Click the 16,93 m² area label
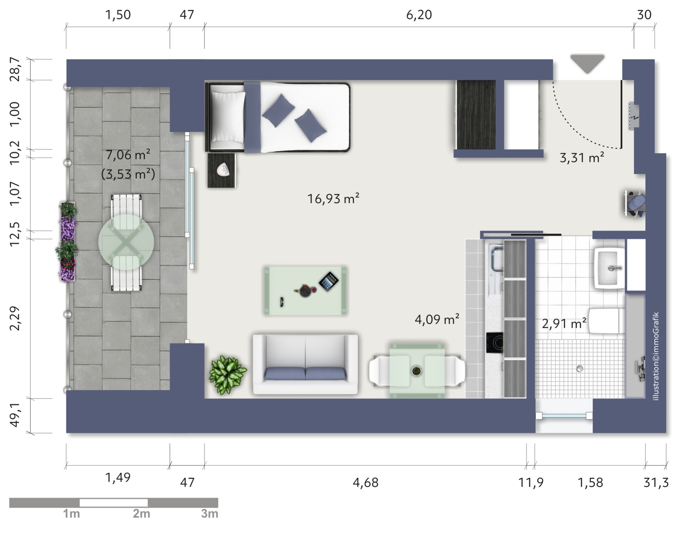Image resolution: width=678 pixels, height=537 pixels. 333,199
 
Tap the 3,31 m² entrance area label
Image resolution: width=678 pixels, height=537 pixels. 582,157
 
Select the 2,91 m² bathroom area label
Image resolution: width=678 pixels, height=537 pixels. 564,323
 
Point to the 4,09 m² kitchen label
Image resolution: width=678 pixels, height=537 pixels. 436,319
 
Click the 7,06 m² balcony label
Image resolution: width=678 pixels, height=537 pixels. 128,154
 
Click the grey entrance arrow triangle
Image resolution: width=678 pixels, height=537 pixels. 587,64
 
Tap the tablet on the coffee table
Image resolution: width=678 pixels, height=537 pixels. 329,281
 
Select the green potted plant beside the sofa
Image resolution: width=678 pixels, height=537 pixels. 228,375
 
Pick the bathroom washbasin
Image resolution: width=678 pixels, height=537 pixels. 609,268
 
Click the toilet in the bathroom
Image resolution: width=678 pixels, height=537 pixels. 607,320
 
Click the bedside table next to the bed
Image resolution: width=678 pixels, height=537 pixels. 222,171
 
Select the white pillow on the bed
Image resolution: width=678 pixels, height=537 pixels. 228,117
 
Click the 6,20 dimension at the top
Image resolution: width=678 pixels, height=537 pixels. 419,15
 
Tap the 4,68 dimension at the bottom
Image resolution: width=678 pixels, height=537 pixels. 365,482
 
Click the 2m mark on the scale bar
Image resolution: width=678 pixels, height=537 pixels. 141,513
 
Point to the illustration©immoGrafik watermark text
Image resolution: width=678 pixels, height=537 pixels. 656,356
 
